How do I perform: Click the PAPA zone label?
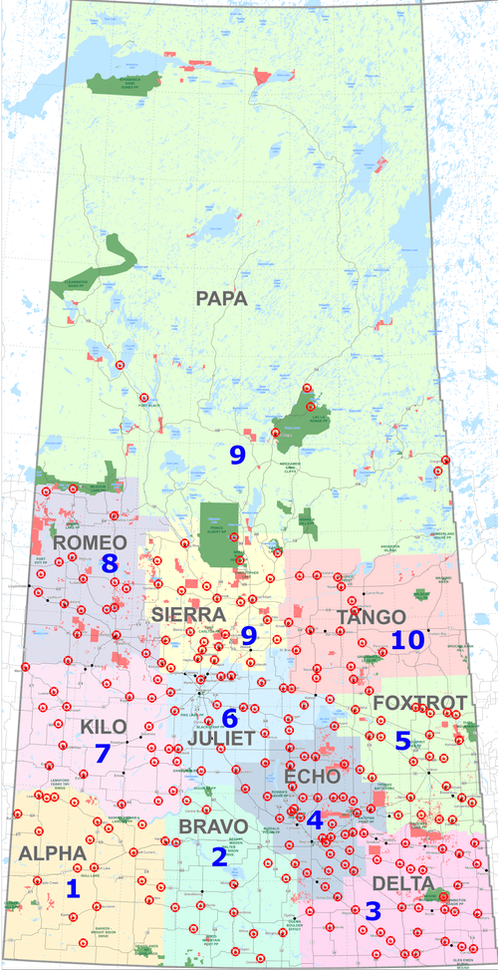(x=221, y=298)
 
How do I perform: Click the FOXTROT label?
(x=419, y=704)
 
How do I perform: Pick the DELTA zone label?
(x=403, y=883)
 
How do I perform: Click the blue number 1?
(x=72, y=888)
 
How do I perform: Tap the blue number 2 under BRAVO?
(x=218, y=855)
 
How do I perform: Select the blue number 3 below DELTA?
(x=373, y=910)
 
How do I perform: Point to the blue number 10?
(x=408, y=640)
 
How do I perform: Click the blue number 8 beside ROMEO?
(x=110, y=564)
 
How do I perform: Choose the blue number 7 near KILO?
(x=102, y=754)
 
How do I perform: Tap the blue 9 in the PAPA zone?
(x=237, y=455)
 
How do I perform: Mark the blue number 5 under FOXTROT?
(x=402, y=741)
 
